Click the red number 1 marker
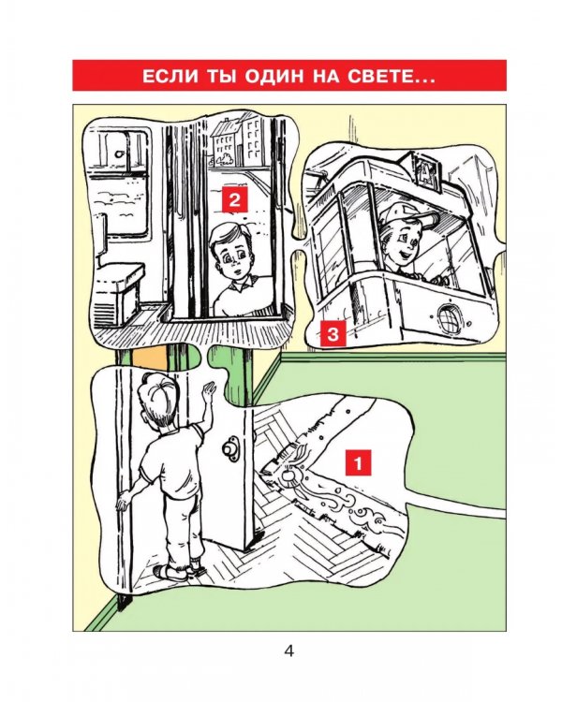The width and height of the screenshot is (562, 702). (x=358, y=463)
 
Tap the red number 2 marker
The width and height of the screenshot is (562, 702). (x=235, y=199)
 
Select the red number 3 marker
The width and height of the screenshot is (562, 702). (x=333, y=334)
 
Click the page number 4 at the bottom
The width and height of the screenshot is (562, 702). (x=289, y=651)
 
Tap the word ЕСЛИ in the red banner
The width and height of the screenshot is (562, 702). (x=170, y=76)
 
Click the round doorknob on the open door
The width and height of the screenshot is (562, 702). (x=231, y=449)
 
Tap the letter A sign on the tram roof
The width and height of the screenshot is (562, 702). (x=425, y=171)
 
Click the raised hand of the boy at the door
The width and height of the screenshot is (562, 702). (x=209, y=392)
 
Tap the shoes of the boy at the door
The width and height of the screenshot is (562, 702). (x=179, y=570)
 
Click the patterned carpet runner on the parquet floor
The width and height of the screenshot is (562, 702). (x=326, y=484)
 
